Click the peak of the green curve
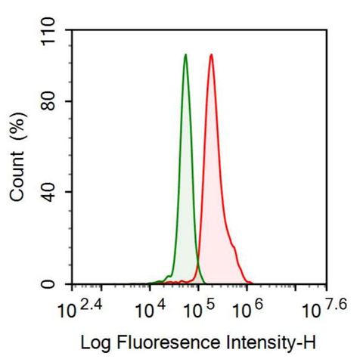(x=185, y=55)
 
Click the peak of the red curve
(x=211, y=55)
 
